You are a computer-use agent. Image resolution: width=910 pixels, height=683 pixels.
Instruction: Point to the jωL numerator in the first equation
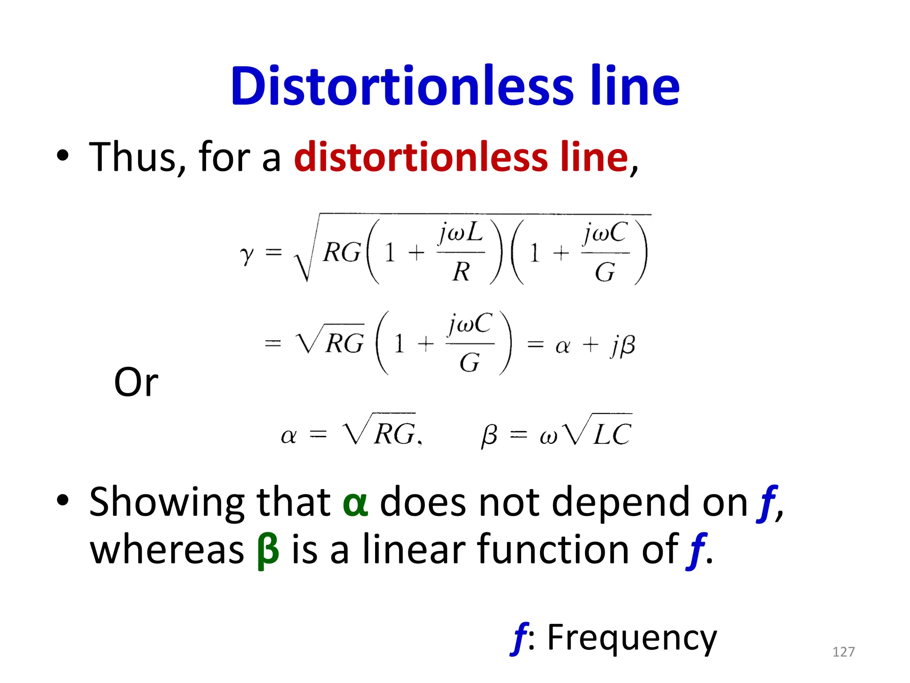tap(460, 233)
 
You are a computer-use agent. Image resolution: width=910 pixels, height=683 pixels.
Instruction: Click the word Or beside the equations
tap(136, 382)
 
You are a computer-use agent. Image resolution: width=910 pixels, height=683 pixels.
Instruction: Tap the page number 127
tap(843, 652)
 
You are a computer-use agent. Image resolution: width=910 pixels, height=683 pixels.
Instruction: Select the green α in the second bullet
tap(355, 503)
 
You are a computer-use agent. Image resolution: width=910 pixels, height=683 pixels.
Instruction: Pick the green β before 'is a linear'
tap(268, 550)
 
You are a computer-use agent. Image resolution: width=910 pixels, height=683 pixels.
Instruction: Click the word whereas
tap(167, 550)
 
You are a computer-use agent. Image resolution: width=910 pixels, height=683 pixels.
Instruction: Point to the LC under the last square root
tap(612, 434)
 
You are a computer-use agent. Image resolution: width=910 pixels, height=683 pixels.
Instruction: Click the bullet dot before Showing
tap(63, 500)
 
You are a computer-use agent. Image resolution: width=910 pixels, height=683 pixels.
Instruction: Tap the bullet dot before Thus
tap(63, 155)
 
